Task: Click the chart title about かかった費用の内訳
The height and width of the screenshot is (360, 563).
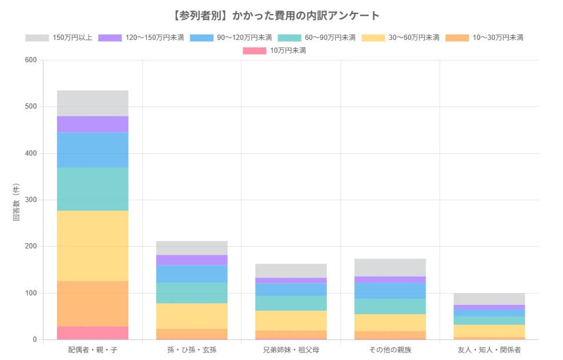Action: point(281,15)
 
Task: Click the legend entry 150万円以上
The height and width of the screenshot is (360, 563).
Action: point(59,38)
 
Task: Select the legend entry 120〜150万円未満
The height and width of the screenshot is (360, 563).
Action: point(141,38)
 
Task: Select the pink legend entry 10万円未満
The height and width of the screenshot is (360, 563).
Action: point(274,51)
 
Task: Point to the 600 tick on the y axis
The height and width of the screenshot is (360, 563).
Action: point(31,60)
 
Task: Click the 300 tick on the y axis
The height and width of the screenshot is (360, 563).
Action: point(31,200)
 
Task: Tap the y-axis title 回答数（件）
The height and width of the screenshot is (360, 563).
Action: point(16,200)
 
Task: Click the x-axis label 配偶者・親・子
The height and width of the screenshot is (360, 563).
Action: point(92,350)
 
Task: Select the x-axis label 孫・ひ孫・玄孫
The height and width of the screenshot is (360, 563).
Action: point(192,350)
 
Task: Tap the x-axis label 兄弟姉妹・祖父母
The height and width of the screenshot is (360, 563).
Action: point(291,350)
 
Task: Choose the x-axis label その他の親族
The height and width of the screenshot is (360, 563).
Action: point(390,350)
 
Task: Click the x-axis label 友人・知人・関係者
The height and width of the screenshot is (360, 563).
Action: point(489,350)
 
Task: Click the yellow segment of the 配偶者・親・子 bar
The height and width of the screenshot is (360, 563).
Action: point(92,245)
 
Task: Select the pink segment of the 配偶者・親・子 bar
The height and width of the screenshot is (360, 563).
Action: point(92,333)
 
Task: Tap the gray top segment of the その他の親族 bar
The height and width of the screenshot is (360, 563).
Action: point(390,267)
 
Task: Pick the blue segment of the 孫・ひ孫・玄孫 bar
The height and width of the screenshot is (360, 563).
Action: point(192,274)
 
